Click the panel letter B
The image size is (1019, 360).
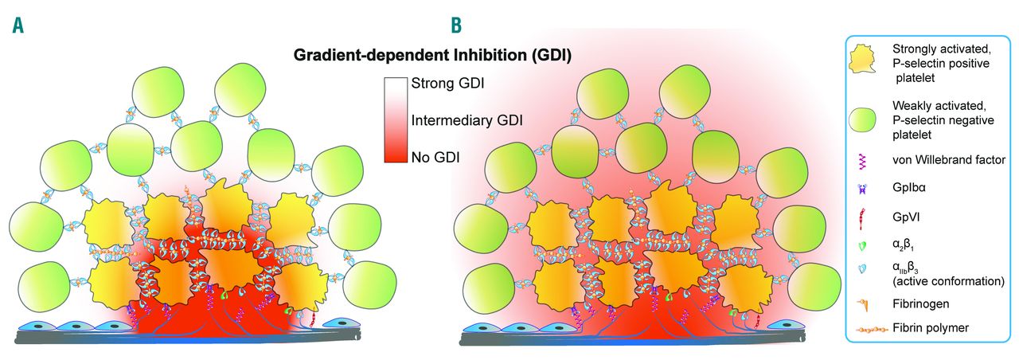457,25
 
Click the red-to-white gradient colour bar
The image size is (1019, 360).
395,119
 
